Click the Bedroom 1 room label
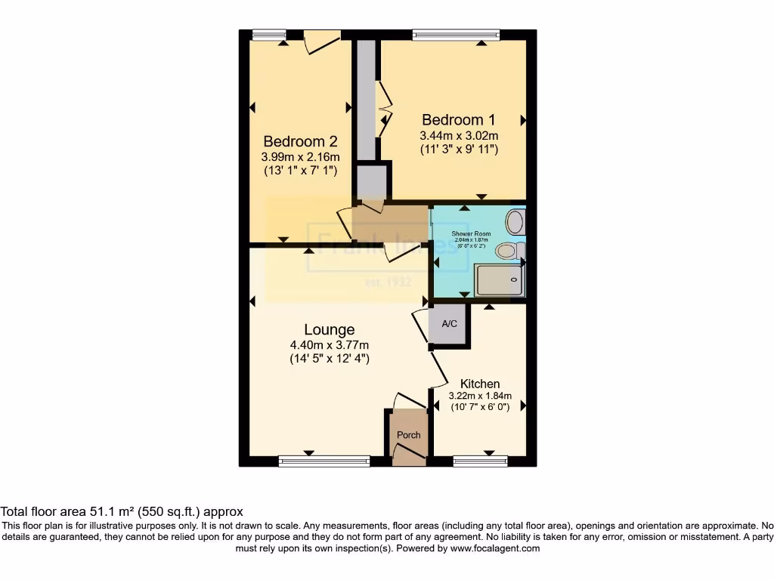click(x=459, y=119)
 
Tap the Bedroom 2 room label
click(x=300, y=141)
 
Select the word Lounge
click(x=329, y=330)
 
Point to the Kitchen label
click(x=480, y=384)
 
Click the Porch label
click(x=409, y=435)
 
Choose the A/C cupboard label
click(x=449, y=324)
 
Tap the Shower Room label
click(x=471, y=234)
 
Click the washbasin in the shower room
click(x=515, y=221)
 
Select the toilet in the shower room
click(x=508, y=251)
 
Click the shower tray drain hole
click(x=515, y=279)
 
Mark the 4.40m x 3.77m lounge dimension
click(x=329, y=345)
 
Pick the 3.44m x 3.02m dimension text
click(x=459, y=135)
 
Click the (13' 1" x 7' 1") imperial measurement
click(x=300, y=171)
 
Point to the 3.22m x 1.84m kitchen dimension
click(x=480, y=396)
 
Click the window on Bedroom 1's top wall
click(x=456, y=34)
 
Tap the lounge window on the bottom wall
click(x=324, y=461)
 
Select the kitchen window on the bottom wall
click(x=480, y=461)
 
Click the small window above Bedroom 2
click(x=269, y=34)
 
